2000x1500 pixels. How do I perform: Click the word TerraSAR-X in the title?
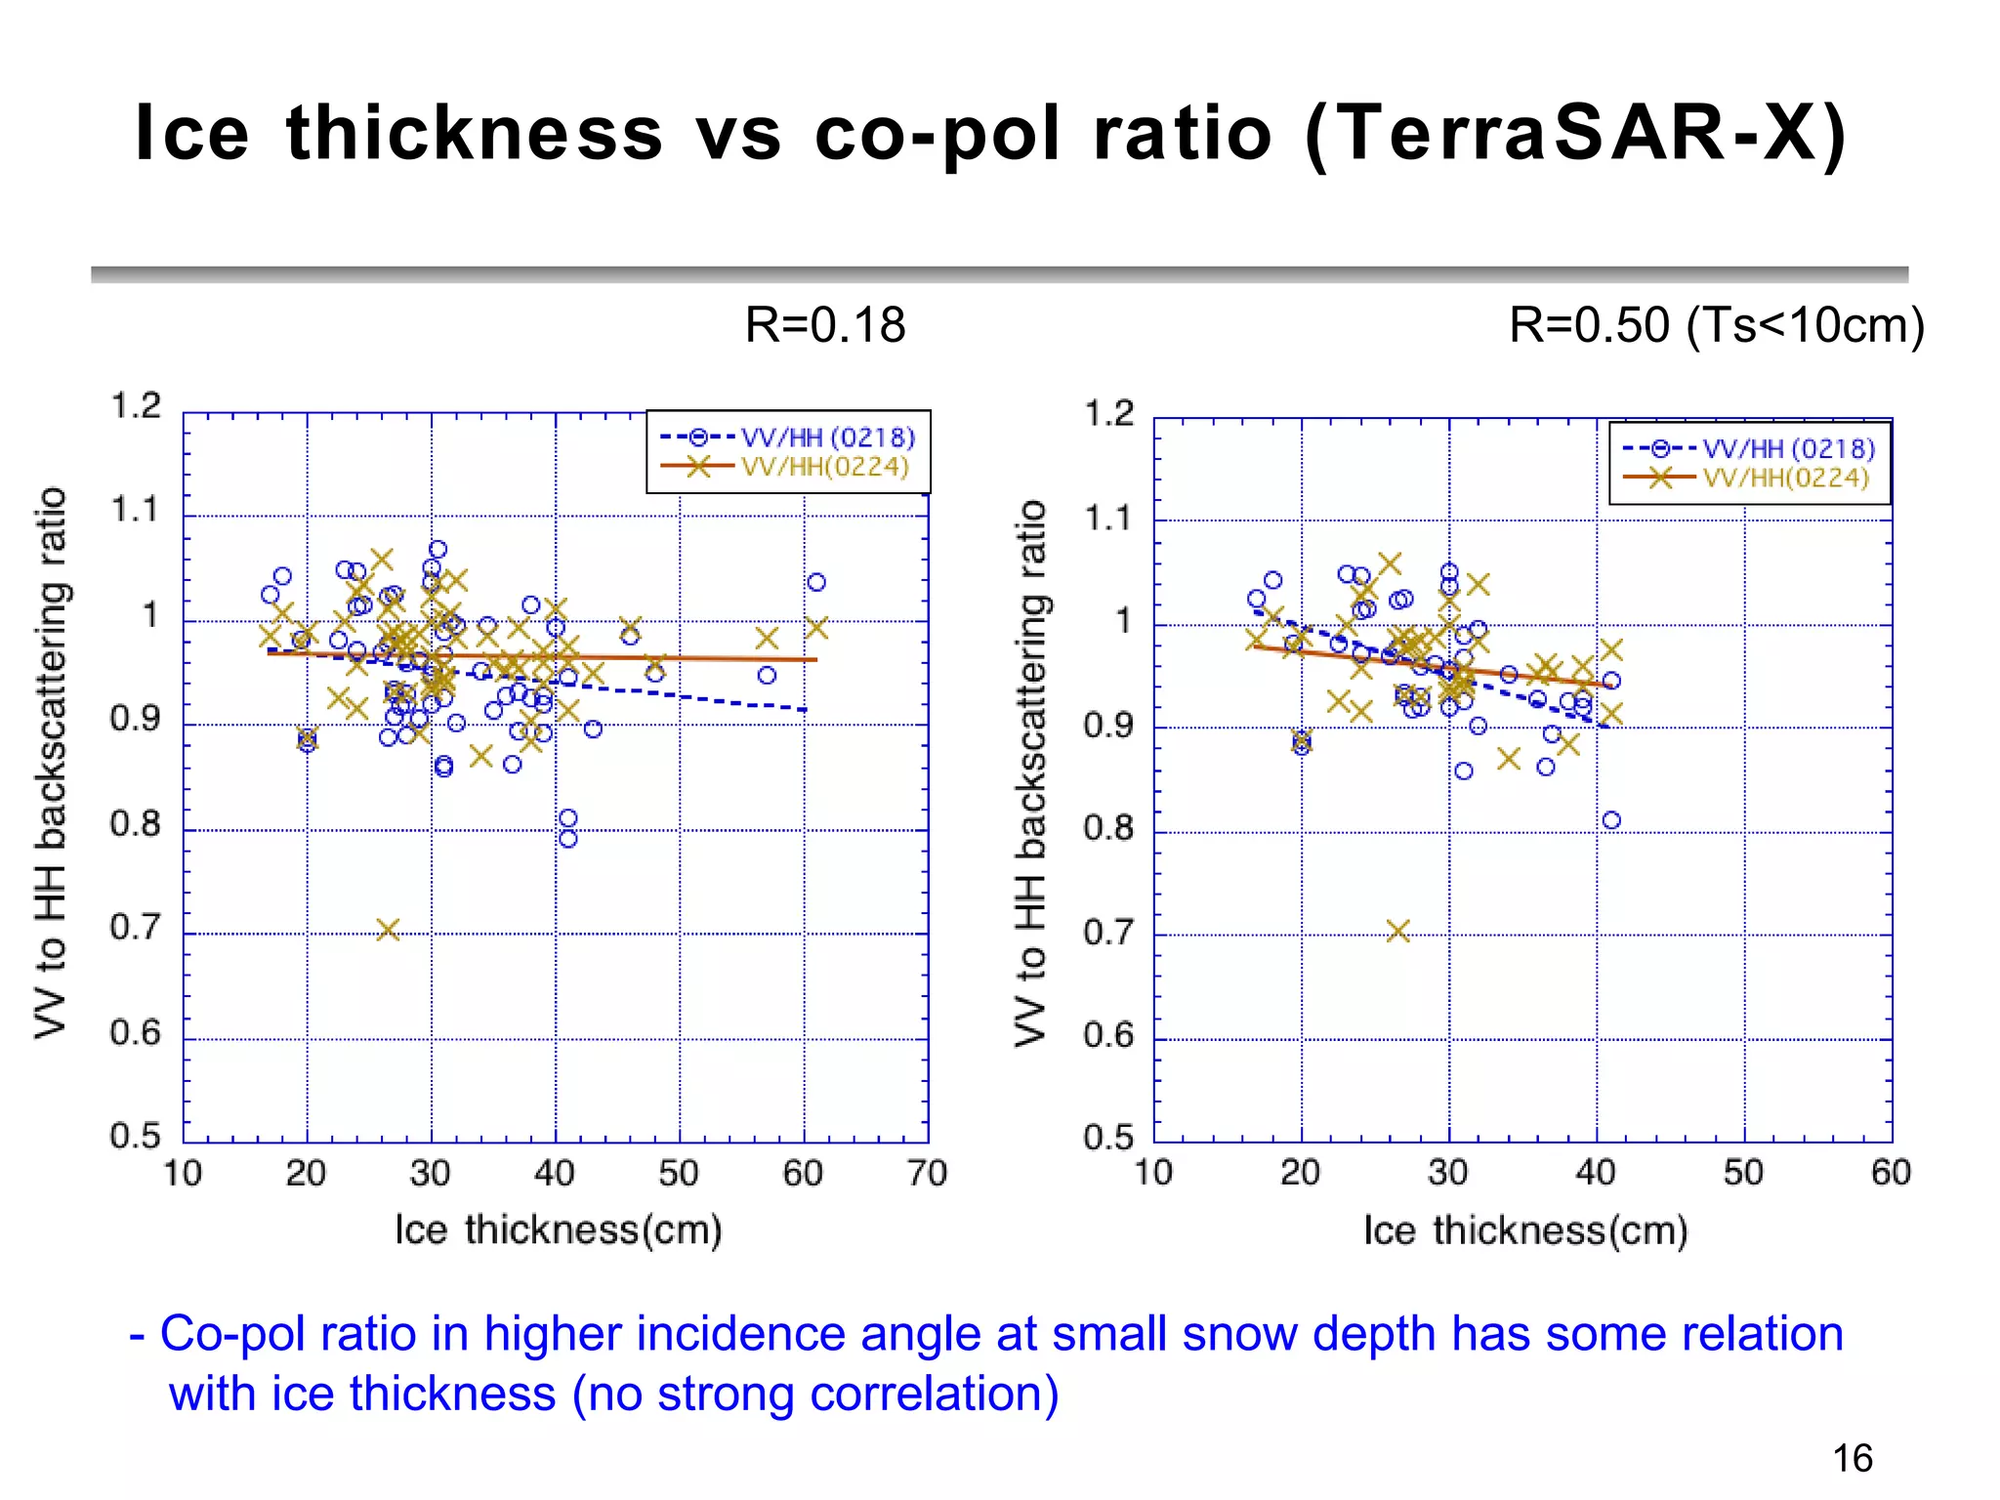click(1574, 134)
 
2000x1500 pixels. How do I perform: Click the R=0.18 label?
click(824, 324)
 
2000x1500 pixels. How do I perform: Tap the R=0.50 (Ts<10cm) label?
click(1716, 324)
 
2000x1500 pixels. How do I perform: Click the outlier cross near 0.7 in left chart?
click(388, 930)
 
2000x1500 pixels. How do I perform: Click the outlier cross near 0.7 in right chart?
click(1397, 931)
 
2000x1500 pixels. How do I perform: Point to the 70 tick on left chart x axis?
click(926, 1173)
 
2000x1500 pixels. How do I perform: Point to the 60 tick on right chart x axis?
click(1890, 1172)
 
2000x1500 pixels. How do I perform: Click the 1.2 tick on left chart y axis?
click(135, 405)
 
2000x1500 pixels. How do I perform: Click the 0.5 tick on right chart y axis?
click(1108, 1138)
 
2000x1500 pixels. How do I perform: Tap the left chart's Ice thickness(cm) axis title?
click(559, 1229)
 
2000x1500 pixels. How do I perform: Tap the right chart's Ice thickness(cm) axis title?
click(1525, 1230)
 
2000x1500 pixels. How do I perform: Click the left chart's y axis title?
click(51, 762)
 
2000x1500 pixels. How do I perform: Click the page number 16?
click(1852, 1458)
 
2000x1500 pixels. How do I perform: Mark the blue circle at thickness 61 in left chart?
click(816, 583)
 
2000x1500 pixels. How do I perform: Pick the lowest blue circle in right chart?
click(1611, 820)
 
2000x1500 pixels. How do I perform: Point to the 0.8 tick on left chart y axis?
click(135, 824)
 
